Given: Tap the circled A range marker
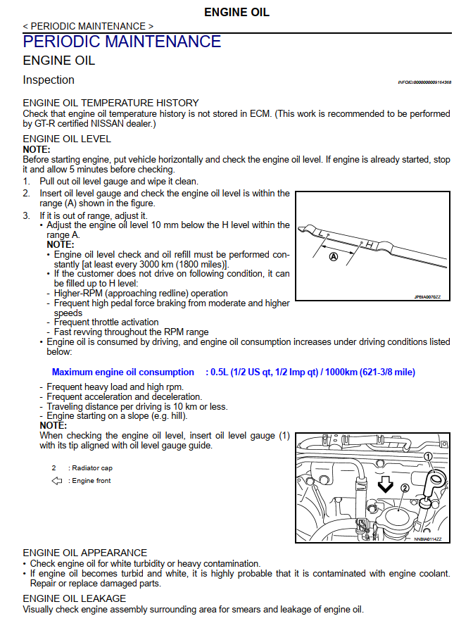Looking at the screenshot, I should [x=334, y=258].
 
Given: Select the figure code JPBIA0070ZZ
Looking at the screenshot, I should [x=427, y=296].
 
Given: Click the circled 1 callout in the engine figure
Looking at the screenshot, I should [x=427, y=456].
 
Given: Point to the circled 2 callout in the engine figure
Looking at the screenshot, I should [x=405, y=488].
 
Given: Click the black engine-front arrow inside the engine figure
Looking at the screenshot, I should [x=385, y=484].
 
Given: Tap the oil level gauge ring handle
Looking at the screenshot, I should [x=437, y=482].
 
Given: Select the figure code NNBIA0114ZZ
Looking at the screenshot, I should [x=427, y=539].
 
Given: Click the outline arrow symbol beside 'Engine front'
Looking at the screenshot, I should [x=57, y=481].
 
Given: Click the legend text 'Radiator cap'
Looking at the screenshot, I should [x=92, y=467].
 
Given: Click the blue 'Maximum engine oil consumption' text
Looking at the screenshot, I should [x=122, y=372].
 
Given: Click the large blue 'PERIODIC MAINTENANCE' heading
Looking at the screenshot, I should [x=122, y=41].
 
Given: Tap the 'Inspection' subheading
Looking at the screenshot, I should [x=49, y=80].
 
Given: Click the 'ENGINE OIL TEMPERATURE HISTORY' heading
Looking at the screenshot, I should [x=111, y=103].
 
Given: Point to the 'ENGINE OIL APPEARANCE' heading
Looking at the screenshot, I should [x=85, y=553].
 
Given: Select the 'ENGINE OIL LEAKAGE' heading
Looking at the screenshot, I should [x=75, y=598].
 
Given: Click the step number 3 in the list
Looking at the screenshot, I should [x=26, y=215].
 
